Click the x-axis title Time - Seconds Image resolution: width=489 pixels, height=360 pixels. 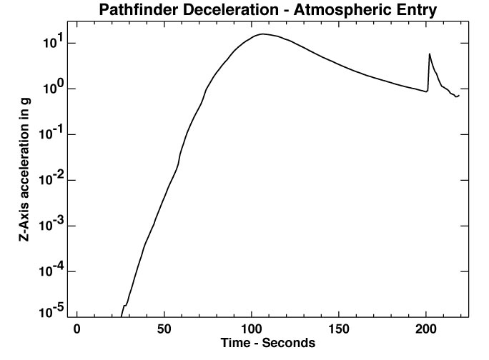(x=267, y=344)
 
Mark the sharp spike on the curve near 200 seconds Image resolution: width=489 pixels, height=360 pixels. (x=429, y=54)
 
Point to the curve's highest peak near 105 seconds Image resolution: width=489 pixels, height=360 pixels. (x=263, y=34)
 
